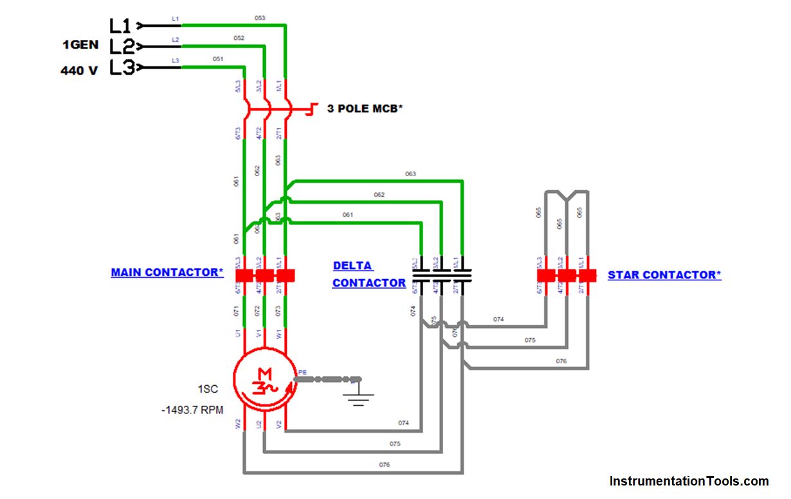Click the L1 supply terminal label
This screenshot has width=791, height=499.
120,26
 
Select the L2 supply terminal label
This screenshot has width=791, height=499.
121,46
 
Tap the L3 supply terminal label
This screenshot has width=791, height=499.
121,68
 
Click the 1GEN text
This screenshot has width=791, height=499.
80,45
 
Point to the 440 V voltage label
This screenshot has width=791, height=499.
79,71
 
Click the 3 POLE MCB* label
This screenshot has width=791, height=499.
365,109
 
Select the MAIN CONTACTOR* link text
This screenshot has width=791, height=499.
167,273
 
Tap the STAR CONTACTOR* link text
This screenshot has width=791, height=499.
664,275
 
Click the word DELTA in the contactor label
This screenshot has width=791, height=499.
352,266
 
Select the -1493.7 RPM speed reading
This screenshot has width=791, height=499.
192,410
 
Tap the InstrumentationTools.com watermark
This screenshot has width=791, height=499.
689,481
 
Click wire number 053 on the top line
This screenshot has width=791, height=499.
260,18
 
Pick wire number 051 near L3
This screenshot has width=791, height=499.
218,59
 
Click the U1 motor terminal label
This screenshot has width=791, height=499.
238,334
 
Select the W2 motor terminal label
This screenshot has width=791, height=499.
238,424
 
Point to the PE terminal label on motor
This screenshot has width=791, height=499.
302,372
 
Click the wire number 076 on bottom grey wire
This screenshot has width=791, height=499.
385,464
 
